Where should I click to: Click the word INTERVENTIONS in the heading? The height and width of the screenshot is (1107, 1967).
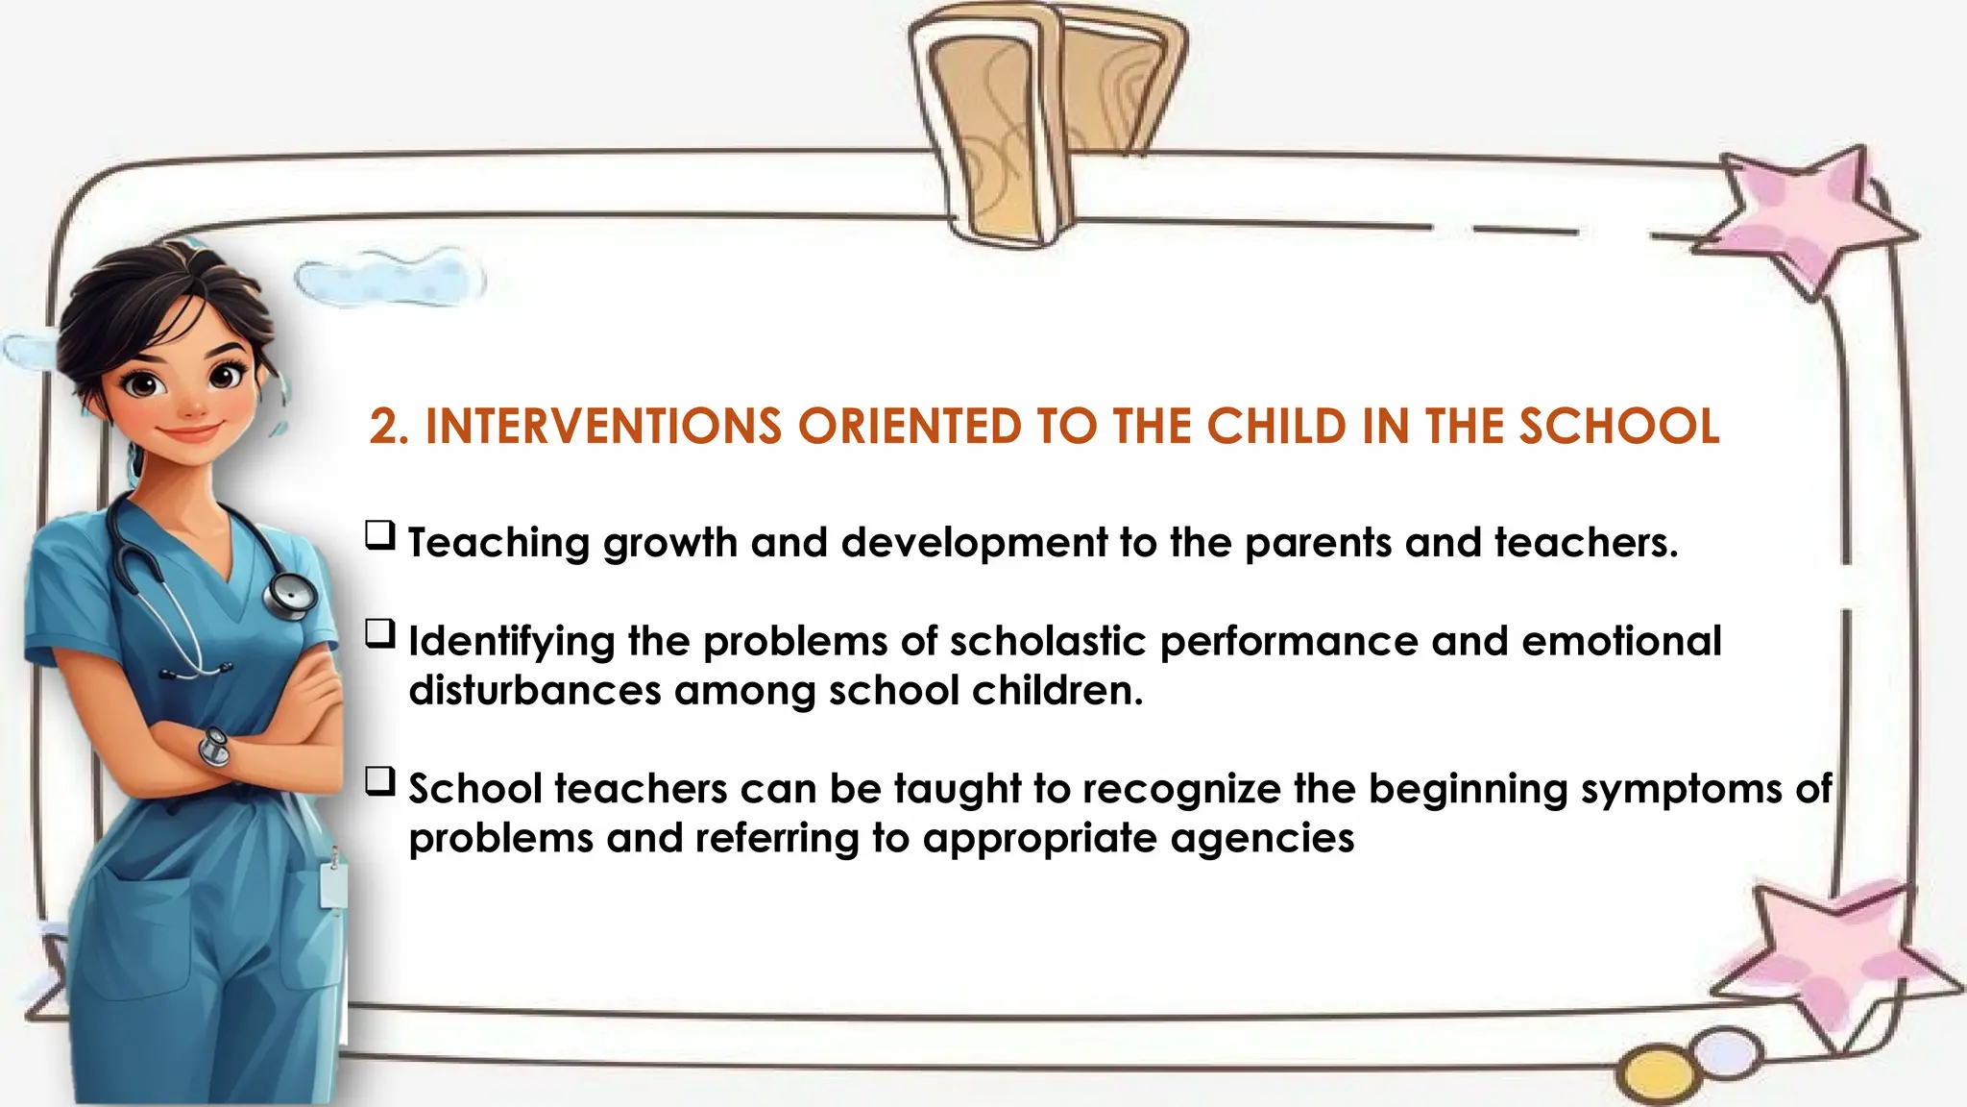pyautogui.click(x=603, y=428)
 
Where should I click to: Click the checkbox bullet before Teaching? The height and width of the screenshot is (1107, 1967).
pyautogui.click(x=380, y=535)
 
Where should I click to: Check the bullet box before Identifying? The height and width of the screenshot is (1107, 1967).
pyautogui.click(x=380, y=634)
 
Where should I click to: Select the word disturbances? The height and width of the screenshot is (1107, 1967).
pyautogui.click(x=535, y=691)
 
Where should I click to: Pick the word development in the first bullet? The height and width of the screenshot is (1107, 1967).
pyautogui.click(x=974, y=544)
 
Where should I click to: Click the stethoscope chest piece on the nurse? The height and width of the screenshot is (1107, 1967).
pyautogui.click(x=290, y=596)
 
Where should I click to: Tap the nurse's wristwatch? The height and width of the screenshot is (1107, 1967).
pyautogui.click(x=214, y=747)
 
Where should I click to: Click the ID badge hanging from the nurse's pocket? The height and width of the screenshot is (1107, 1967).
pyautogui.click(x=333, y=883)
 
